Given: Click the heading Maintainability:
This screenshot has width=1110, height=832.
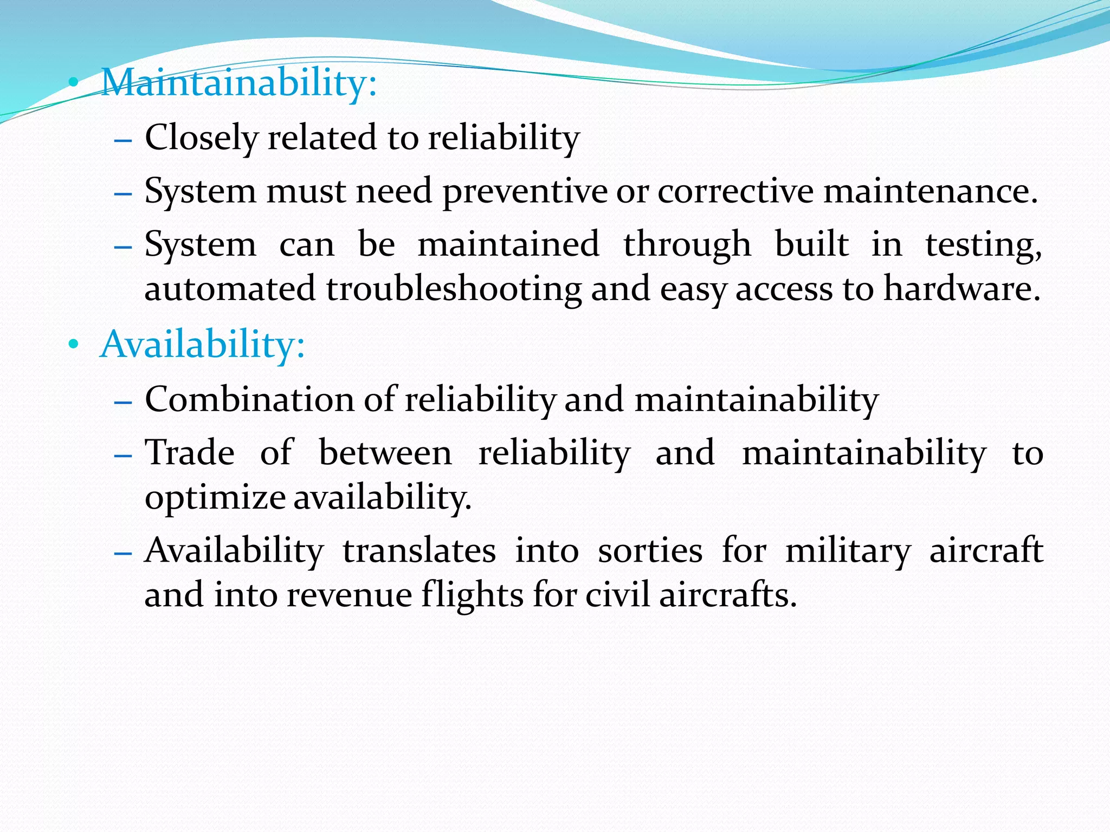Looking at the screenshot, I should click(238, 83).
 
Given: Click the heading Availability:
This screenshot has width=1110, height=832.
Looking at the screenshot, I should click(202, 344).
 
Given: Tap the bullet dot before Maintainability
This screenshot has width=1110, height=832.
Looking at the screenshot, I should click(73, 83).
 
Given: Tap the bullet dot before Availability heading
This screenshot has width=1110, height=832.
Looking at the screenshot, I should click(73, 344).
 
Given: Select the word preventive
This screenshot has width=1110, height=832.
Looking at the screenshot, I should click(525, 192).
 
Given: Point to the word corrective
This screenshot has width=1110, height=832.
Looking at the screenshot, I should click(735, 192).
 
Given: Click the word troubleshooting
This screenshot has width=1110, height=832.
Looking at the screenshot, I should click(454, 289).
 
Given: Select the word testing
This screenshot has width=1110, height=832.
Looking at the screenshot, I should click(983, 245).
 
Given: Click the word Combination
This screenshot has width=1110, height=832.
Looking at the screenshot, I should click(249, 400).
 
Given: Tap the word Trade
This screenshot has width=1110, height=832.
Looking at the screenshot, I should click(190, 452).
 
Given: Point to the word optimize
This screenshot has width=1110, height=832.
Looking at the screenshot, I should click(215, 498).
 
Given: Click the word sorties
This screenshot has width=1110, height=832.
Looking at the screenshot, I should click(650, 551).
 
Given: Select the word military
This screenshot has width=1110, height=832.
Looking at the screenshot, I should click(848, 551).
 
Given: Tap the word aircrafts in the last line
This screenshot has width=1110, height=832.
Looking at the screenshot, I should click(727, 595).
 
